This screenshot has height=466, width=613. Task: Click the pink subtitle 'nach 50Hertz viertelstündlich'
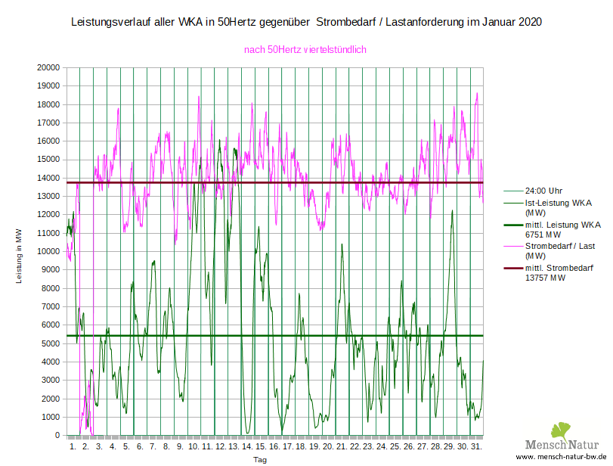click(305, 50)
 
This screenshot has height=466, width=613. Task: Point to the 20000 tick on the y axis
click(48, 67)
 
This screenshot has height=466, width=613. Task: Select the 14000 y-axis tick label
click(48, 178)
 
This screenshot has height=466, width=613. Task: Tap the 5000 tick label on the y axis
click(50, 343)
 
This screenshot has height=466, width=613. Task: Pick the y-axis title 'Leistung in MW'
click(20, 256)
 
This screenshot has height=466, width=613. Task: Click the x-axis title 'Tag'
click(259, 459)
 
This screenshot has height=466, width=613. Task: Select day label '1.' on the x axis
click(73, 447)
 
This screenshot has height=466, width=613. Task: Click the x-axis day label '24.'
click(381, 447)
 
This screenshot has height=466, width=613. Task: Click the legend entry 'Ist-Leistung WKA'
click(558, 203)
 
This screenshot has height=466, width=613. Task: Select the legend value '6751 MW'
click(544, 235)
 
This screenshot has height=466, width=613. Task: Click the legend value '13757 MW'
click(546, 278)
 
